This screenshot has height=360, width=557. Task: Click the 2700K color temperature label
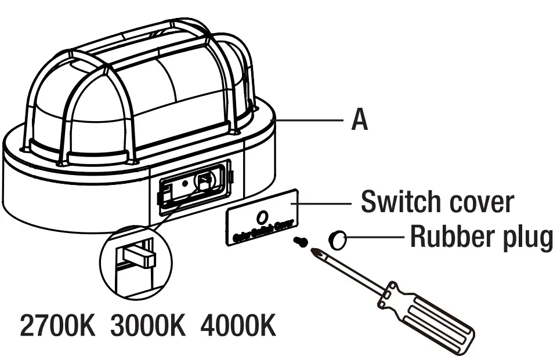57,326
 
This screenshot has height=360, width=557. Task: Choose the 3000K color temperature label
148,326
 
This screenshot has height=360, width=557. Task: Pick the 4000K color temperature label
238,326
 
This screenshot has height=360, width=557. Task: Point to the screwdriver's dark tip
317,253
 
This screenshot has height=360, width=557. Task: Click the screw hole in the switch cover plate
262,216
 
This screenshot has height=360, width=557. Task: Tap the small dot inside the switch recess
185,183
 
